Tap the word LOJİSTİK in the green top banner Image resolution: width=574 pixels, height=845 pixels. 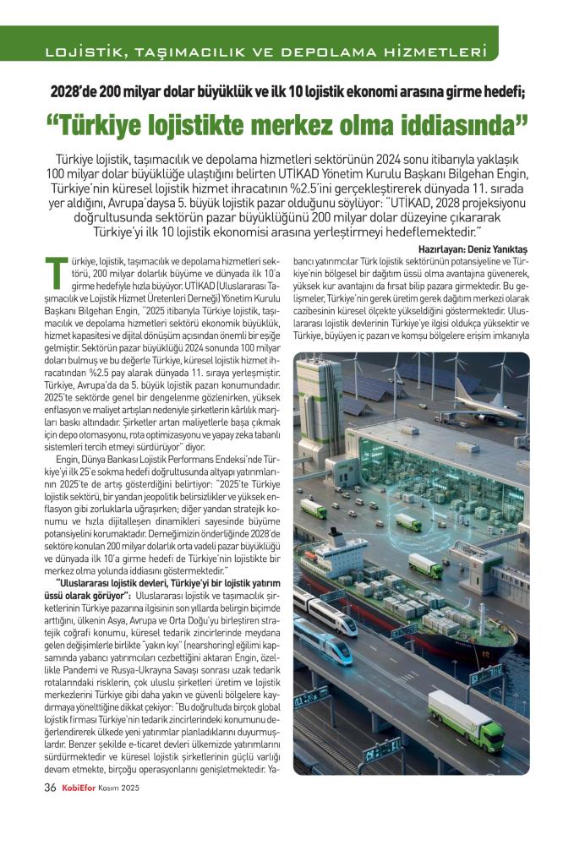coord(78,52)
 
